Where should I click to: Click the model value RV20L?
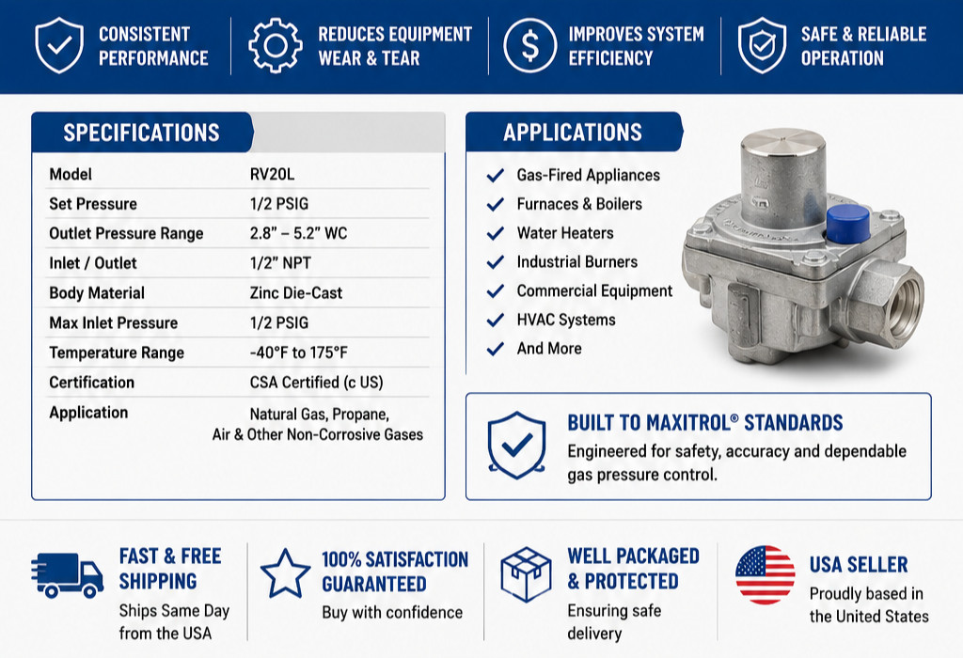click(x=272, y=174)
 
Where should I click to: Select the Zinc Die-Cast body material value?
click(x=296, y=292)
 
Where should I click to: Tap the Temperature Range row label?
click(x=117, y=352)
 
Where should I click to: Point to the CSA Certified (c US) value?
click(x=316, y=383)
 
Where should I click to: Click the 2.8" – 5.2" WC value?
click(x=298, y=233)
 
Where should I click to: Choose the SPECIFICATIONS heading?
click(x=141, y=133)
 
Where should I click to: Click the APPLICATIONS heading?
click(x=573, y=132)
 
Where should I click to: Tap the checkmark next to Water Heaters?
click(x=495, y=233)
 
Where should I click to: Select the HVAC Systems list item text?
click(x=565, y=320)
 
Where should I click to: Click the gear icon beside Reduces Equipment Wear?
click(x=276, y=45)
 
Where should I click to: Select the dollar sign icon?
click(x=530, y=45)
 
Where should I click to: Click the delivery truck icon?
click(x=67, y=575)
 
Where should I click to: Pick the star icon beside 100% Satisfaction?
click(x=286, y=573)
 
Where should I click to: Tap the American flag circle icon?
click(x=766, y=575)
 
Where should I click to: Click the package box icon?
click(x=527, y=574)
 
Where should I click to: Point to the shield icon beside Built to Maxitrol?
click(x=516, y=445)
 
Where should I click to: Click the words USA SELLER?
click(x=859, y=565)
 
